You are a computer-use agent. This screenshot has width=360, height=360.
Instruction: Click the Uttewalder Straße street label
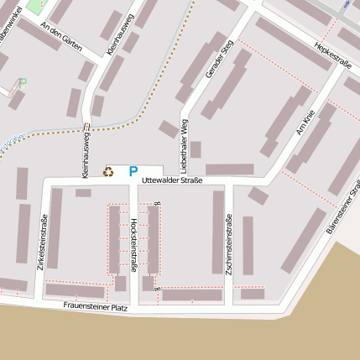pos(172,180)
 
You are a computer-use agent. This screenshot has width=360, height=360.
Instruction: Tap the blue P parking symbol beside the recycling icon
pos(133,171)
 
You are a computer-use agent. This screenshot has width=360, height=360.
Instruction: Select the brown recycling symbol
pos(108,171)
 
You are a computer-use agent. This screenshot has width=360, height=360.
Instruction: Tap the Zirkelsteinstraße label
pos(43,242)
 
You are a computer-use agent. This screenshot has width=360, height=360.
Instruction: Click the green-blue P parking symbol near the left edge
pos(23,83)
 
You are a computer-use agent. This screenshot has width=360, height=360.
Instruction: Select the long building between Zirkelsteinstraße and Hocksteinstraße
pos(55,228)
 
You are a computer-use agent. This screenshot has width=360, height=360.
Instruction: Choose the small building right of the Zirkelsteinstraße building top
pos(83,193)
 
